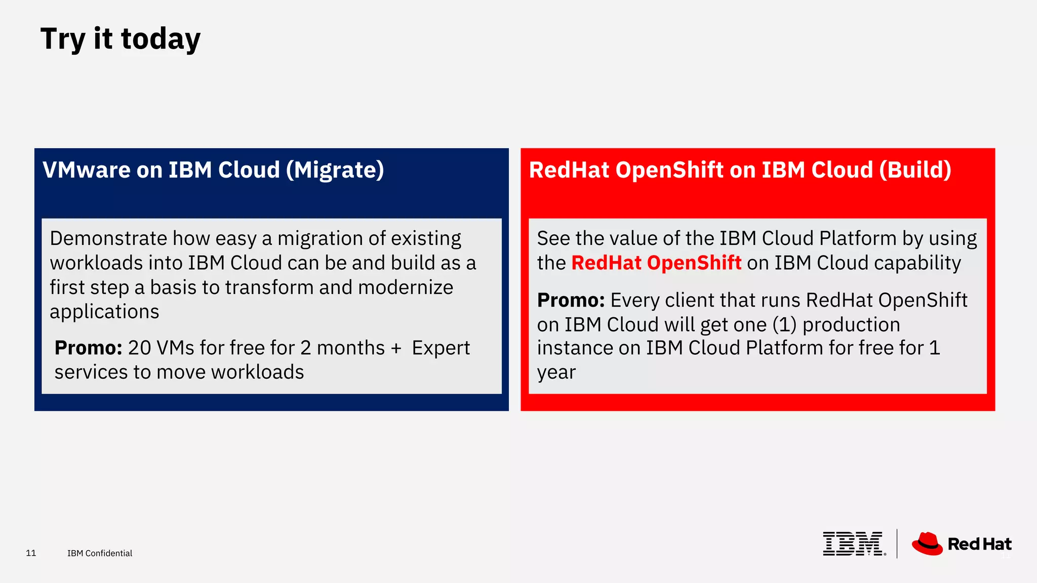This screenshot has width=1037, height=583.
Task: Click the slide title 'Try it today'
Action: point(121,39)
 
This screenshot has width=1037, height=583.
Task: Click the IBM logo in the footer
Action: point(853,544)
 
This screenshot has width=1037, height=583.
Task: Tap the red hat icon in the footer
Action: point(927,544)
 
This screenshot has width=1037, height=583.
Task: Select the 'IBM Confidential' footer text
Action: point(100,553)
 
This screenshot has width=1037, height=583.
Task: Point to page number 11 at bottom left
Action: point(31,553)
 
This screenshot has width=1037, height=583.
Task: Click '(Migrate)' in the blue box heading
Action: point(335,170)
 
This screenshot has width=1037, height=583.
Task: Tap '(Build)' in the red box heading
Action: point(915,170)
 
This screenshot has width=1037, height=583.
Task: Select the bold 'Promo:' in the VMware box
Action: point(88,348)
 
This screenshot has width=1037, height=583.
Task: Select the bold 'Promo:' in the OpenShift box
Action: point(571,301)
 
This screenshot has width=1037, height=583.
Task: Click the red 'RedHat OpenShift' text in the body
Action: point(656,263)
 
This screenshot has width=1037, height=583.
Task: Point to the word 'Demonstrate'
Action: point(108,238)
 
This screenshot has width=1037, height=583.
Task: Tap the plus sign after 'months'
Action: point(396,348)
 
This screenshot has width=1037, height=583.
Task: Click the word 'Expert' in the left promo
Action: point(441,348)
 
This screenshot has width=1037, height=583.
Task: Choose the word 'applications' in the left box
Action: point(104,312)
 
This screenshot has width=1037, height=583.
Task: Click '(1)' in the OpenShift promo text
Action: point(784,325)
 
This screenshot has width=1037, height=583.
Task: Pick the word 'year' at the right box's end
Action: point(556,373)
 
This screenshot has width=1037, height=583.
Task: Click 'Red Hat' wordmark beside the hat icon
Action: point(979,544)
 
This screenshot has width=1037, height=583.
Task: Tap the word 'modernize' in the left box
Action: point(406,287)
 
